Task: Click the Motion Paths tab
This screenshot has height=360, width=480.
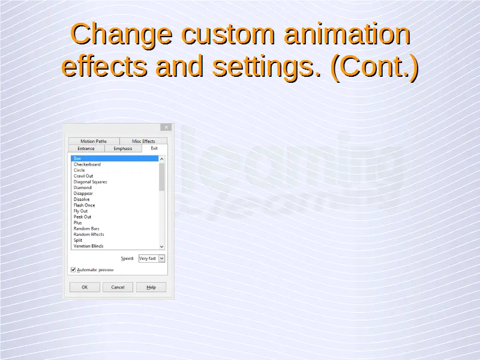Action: coord(94,141)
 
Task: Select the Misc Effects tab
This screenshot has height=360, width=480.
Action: coord(143,141)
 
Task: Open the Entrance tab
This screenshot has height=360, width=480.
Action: coord(86,148)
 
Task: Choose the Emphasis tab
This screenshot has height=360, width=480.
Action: coord(123,148)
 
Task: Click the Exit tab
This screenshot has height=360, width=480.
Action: coord(154,148)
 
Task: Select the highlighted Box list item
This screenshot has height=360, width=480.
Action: coord(115,158)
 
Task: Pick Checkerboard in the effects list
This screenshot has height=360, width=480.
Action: coord(87,164)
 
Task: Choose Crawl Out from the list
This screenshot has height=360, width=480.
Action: coord(83,176)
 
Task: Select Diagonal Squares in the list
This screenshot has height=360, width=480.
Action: coord(91,182)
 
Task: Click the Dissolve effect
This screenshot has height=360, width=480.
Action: coord(82,199)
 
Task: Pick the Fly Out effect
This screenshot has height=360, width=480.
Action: coord(80,211)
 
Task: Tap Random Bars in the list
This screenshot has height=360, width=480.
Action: coord(86,229)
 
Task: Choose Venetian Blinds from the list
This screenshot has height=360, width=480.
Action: coord(88,246)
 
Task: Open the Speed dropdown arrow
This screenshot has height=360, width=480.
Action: coord(161,259)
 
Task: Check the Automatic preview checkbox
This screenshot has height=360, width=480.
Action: coord(73,269)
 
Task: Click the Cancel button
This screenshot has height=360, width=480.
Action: coord(118,287)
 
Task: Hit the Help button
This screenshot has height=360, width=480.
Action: coord(151,287)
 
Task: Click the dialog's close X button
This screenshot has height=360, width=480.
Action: coord(166,127)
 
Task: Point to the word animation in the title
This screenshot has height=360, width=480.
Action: coord(347,34)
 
